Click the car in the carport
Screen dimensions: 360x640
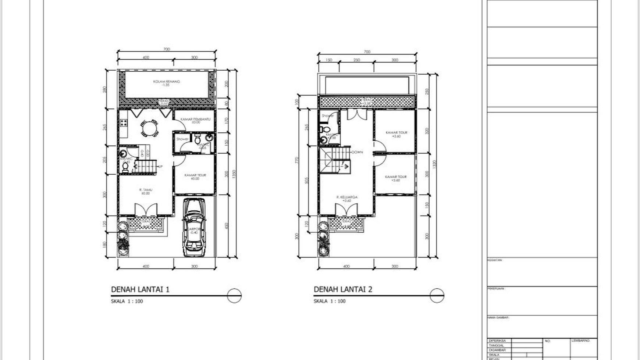pos(194,228)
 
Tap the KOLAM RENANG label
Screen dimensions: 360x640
pos(167,82)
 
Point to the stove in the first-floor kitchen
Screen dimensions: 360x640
pos(124,123)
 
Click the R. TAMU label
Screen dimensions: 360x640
pos(145,190)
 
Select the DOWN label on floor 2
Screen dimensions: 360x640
pos(357,152)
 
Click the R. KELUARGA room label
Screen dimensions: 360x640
pos(346,197)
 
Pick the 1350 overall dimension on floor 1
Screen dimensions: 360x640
pos(234,173)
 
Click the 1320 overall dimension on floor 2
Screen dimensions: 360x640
pos(435,164)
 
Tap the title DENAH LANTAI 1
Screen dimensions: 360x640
pos(140,289)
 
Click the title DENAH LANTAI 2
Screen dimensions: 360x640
pos(343,289)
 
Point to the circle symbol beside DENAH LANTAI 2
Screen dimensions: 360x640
pos(437,295)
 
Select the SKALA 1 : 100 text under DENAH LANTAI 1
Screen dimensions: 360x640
pos(127,301)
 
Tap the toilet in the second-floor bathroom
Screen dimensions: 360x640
pos(323,129)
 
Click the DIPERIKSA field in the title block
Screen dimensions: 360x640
pos(497,341)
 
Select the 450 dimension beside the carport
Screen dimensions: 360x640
pos(227,225)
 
